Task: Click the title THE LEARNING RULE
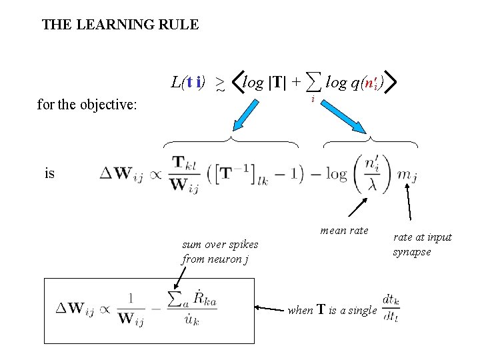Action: click(x=120, y=25)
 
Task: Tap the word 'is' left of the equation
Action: click(x=50, y=173)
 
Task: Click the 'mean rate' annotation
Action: click(x=344, y=231)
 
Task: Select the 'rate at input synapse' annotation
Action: click(x=422, y=244)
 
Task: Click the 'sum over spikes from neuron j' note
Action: click(x=219, y=252)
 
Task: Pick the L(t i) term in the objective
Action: click(x=187, y=83)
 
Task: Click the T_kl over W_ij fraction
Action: click(x=186, y=173)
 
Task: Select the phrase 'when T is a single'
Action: click(x=331, y=310)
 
